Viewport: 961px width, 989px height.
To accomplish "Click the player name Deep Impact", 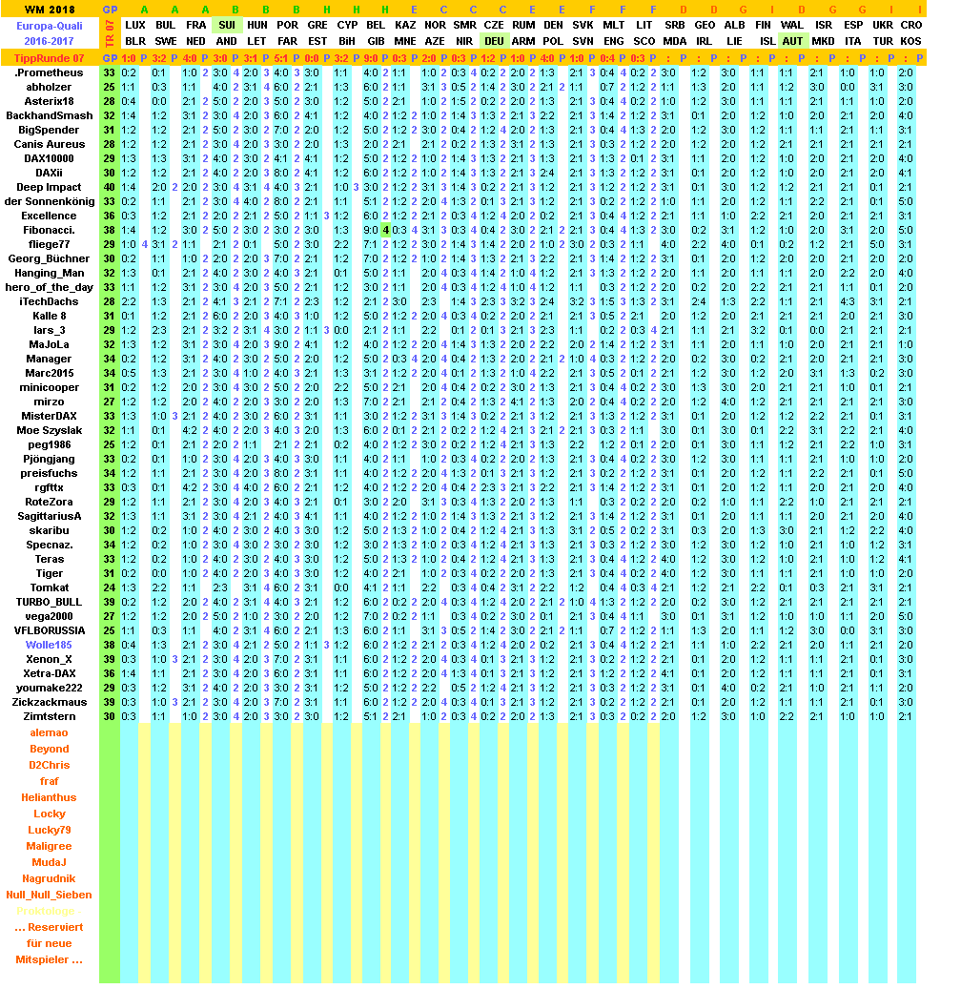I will pos(49,187).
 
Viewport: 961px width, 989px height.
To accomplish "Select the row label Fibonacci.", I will pos(49,230).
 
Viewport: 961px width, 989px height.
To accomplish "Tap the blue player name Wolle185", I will pos(49,645).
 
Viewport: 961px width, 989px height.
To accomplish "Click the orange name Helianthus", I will pos(49,797).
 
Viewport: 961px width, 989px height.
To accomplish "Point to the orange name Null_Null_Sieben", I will pos(49,895).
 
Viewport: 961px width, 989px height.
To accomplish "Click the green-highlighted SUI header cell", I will pos(227,24).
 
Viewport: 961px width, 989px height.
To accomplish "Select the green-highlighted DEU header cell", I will pos(494,41).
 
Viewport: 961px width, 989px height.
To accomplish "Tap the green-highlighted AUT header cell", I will pos(792,41).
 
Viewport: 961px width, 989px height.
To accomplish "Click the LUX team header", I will pos(136,24).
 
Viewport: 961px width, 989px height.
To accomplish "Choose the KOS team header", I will pos(910,41).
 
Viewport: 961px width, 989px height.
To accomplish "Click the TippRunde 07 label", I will pos(49,58).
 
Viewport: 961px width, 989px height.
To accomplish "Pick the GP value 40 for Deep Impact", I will pos(110,187).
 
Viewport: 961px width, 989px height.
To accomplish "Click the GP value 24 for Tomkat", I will pos(110,587).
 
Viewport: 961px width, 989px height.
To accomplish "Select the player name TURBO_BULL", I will pos(49,602).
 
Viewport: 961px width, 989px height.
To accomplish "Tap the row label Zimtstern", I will pos(49,716).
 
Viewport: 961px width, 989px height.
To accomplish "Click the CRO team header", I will pos(910,24).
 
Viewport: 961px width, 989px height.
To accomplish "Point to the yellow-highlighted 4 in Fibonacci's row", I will pos(386,230).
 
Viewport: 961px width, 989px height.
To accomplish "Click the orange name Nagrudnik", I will pos(49,878).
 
